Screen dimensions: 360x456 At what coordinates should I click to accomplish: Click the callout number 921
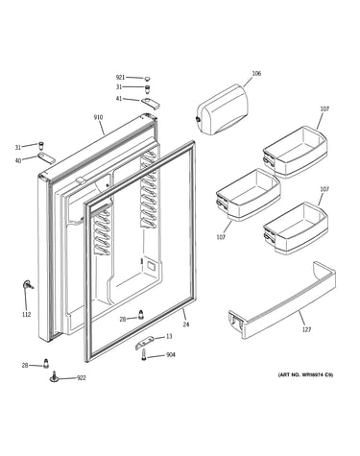(x=120, y=78)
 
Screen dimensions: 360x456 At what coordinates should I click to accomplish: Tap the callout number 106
(x=256, y=74)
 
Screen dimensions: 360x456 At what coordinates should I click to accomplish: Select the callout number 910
(x=98, y=117)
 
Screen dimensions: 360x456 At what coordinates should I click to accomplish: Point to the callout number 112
(x=27, y=314)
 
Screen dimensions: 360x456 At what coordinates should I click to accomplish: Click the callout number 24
(x=186, y=324)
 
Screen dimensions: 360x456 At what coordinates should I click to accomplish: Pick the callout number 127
(x=306, y=329)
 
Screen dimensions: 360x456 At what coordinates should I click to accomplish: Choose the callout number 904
(x=171, y=355)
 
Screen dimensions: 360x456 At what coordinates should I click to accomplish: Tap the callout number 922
(x=82, y=378)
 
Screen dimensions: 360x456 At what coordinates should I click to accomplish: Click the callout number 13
(x=169, y=336)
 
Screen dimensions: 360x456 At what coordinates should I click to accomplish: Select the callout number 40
(x=18, y=160)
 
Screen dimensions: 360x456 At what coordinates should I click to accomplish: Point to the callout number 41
(x=119, y=99)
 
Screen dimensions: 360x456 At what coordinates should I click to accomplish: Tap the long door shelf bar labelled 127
(x=281, y=307)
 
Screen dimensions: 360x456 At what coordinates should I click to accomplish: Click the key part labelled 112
(x=28, y=285)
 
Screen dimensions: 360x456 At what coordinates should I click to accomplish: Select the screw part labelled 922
(x=55, y=376)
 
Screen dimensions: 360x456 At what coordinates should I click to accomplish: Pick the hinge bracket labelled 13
(x=145, y=342)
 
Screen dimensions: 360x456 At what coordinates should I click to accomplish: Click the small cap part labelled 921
(x=147, y=78)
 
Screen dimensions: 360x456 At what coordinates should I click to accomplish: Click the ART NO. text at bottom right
(x=305, y=374)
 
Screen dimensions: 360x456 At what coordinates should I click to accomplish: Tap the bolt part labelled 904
(x=144, y=355)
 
